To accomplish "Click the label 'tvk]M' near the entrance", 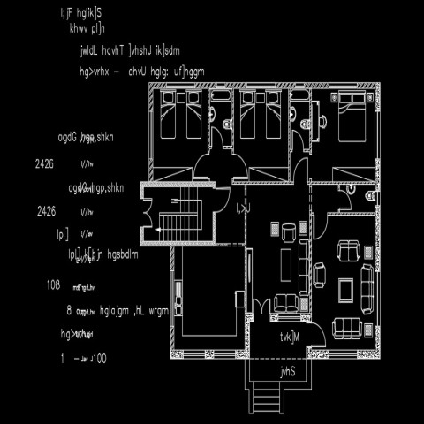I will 291,337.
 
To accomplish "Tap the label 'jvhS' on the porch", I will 287,371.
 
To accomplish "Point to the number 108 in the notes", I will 52,285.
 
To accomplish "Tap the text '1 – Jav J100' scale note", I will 83,359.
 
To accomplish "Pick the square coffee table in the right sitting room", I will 347,290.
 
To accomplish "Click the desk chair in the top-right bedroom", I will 320,125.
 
